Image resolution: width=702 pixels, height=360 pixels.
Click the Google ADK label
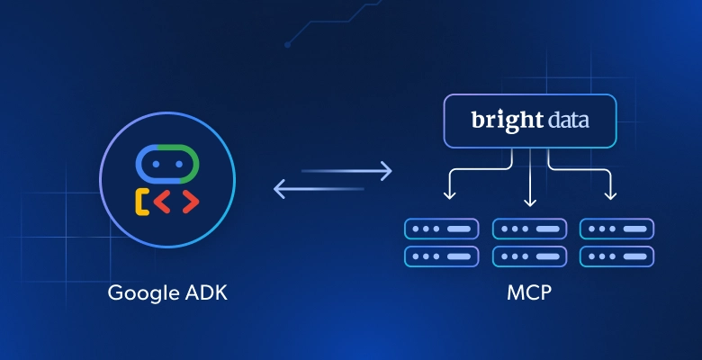[x=167, y=293]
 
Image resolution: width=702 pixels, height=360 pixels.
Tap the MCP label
[x=529, y=293]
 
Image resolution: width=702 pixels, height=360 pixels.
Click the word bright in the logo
[x=499, y=121]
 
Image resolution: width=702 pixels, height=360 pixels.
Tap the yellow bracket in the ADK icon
[x=142, y=202]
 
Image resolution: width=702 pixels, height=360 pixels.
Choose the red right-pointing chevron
[x=187, y=202]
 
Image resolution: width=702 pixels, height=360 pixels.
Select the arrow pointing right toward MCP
[x=346, y=169]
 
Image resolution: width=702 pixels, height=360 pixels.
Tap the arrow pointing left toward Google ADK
[x=319, y=189]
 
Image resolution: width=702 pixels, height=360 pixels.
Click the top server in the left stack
[x=442, y=228]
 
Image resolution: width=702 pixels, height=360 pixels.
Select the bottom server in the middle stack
[x=529, y=256]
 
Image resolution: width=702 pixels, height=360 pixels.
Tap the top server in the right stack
[x=616, y=228]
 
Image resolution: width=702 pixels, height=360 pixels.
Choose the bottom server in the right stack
[x=616, y=256]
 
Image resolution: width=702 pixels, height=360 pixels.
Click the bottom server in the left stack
[x=442, y=256]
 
